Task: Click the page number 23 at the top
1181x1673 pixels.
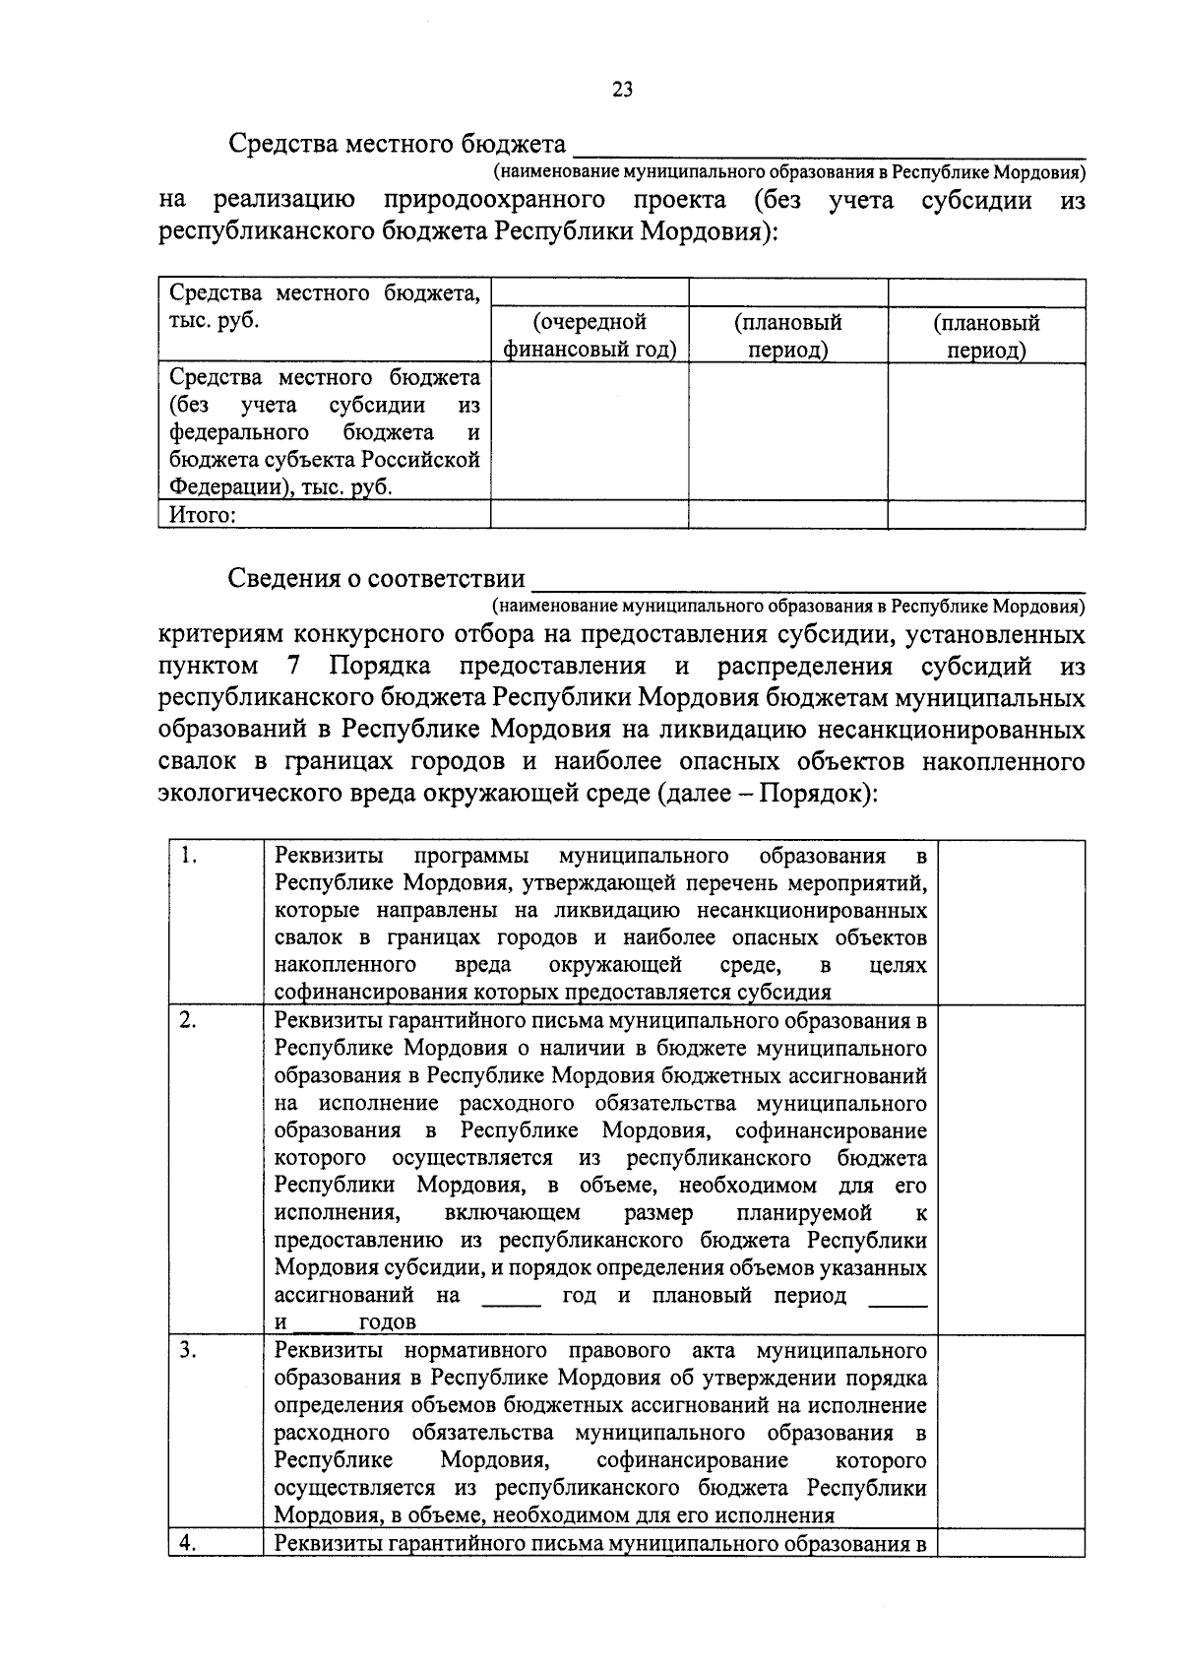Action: coord(622,91)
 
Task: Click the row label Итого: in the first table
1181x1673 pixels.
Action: coord(202,515)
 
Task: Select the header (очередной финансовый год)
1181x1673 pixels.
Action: coord(590,336)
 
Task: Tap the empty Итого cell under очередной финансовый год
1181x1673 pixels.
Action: coord(590,515)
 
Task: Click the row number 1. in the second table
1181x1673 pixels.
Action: coord(190,856)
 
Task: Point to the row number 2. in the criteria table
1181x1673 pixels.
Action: coord(189,1021)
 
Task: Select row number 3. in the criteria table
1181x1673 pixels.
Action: coord(189,1350)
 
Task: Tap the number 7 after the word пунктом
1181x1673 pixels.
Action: coord(294,667)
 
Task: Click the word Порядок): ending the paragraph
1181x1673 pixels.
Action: coord(816,794)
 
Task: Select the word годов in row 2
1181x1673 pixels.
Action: coord(387,1322)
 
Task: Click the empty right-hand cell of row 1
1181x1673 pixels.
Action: coord(1011,922)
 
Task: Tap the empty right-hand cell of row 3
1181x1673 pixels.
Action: coord(1011,1432)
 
